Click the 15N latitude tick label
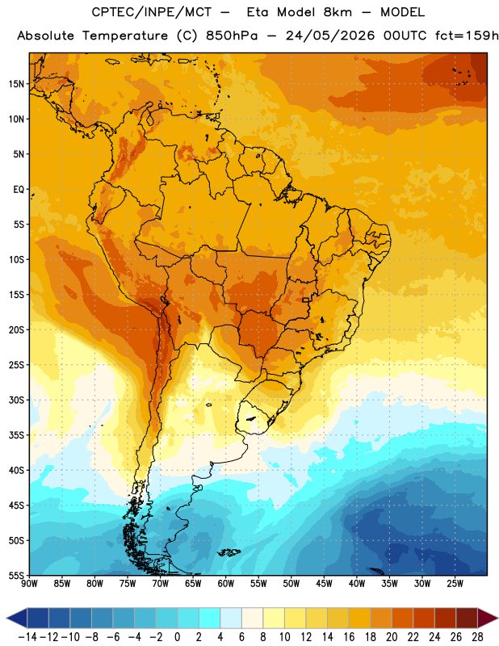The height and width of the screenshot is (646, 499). (x=16, y=84)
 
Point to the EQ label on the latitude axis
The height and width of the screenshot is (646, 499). (x=19, y=190)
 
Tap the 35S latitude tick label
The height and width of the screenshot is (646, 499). (x=16, y=435)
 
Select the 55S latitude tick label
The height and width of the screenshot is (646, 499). (x=16, y=575)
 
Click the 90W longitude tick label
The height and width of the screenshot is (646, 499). (x=29, y=584)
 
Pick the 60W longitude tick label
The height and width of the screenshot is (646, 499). (x=226, y=584)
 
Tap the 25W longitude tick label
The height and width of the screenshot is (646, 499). (x=455, y=584)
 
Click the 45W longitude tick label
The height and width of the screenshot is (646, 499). (x=324, y=584)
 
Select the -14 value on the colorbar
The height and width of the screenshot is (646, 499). (x=27, y=637)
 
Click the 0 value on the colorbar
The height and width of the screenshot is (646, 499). (x=178, y=637)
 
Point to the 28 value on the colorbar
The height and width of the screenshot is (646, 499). (x=477, y=637)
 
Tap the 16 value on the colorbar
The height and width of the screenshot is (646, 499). (x=349, y=637)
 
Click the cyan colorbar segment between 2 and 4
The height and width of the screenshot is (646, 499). (x=210, y=618)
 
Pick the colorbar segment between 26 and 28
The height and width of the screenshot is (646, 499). (x=467, y=618)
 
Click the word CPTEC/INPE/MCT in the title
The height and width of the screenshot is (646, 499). (x=152, y=12)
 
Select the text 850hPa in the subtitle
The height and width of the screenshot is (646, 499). (x=232, y=36)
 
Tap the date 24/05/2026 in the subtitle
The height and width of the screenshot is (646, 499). (x=330, y=36)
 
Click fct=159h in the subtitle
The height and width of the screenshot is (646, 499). (x=467, y=36)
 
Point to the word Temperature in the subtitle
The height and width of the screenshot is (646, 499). (x=125, y=36)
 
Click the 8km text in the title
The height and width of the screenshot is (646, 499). (x=338, y=12)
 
